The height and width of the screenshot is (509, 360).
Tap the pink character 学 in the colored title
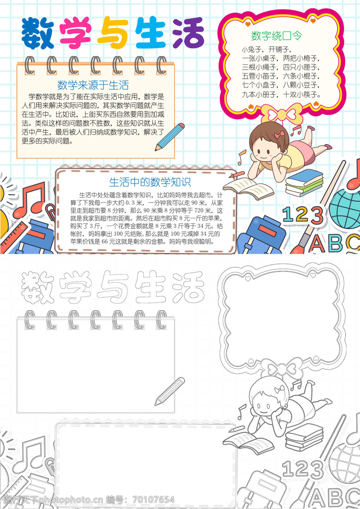[x=76, y=33]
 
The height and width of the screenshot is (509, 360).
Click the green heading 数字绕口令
[x=277, y=36]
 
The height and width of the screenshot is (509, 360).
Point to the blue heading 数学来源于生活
[x=93, y=85]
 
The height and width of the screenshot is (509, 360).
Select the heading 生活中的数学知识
[x=150, y=182]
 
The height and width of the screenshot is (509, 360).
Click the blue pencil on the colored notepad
[x=169, y=137]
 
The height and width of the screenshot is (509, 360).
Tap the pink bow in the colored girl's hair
[x=279, y=135]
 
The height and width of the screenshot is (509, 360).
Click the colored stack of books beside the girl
[x=304, y=182]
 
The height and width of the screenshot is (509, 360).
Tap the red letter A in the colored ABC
[x=317, y=244]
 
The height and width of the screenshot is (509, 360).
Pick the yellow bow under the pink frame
[x=282, y=114]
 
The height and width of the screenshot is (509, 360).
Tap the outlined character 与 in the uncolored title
[x=113, y=287]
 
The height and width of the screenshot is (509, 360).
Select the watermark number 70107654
[x=154, y=500]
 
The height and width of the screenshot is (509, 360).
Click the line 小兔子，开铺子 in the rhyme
[x=267, y=49]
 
